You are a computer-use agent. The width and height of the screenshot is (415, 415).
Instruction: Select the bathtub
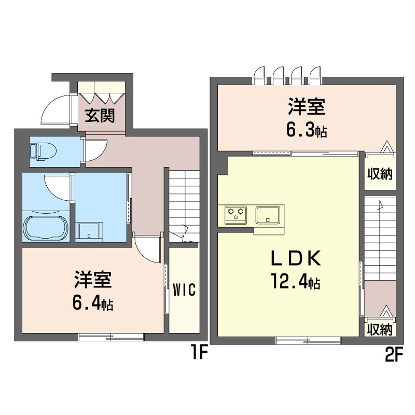pos(46,227)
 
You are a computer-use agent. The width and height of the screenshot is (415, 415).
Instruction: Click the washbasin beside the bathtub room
pos(89,230)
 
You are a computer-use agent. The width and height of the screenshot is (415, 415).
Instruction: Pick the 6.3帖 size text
pos(306,130)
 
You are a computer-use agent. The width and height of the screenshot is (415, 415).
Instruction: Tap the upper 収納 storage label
pos(380,174)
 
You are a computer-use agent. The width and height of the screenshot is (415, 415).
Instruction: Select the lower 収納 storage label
pos(380,329)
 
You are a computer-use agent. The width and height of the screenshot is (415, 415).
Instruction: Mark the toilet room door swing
pos(95,151)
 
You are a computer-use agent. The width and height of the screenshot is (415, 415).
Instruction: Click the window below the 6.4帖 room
pos(111,337)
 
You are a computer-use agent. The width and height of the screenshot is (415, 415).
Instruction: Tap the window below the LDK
pos(308,340)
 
